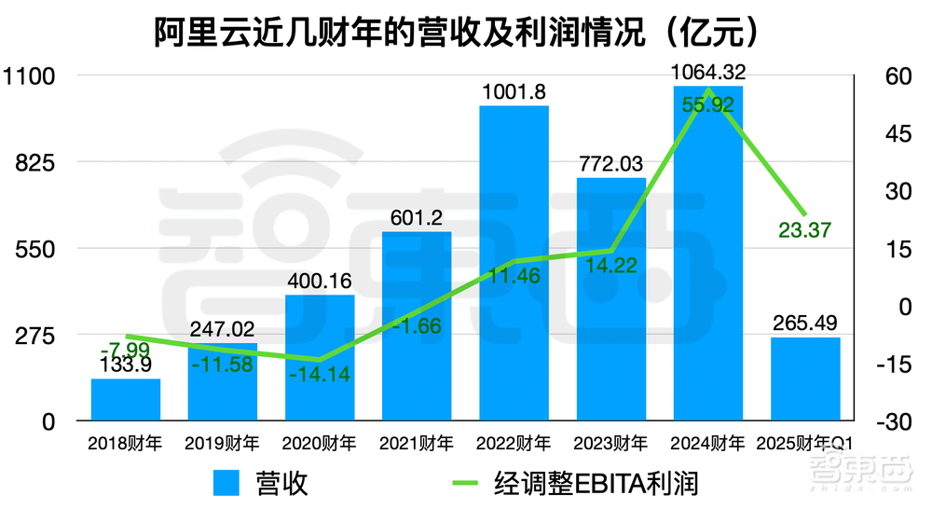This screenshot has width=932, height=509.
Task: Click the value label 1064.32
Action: click(x=707, y=71)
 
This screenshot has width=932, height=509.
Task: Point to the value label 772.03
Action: click(x=610, y=164)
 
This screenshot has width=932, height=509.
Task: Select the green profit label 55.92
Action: click(x=707, y=105)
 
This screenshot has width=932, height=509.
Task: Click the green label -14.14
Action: click(x=320, y=377)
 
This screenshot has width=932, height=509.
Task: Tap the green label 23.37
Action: click(x=803, y=229)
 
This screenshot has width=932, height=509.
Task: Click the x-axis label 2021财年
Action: click(x=417, y=443)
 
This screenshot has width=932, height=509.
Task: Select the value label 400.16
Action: click(x=320, y=280)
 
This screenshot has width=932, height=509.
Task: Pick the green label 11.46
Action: click(x=514, y=275)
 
